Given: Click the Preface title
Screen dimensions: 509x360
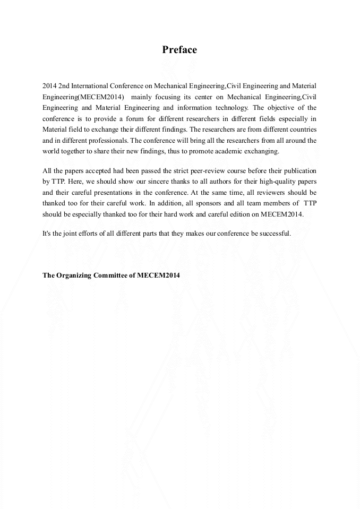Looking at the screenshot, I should [x=179, y=50].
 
